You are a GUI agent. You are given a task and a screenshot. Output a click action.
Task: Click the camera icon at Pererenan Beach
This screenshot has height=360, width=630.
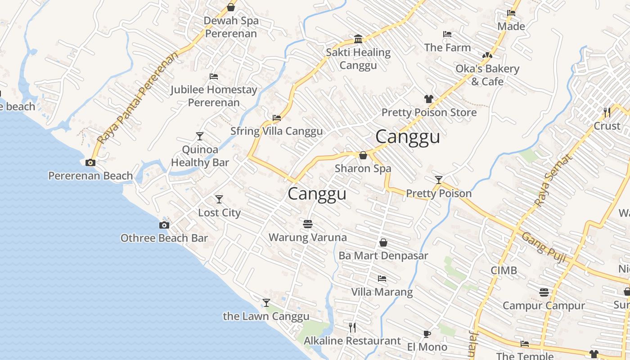(90, 163)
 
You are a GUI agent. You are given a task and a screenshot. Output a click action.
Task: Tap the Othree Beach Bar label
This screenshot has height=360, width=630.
(164, 238)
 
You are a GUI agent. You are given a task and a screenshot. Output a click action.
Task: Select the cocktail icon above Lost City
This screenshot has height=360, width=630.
(219, 199)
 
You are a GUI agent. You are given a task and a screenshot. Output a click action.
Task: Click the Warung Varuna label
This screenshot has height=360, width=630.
(307, 237)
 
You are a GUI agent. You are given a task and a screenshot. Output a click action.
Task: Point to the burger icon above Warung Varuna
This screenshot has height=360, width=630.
(308, 224)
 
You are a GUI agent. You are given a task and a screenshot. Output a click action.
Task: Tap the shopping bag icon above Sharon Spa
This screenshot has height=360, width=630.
(363, 156)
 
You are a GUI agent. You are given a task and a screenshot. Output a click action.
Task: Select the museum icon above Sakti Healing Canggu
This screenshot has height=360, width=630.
(358, 39)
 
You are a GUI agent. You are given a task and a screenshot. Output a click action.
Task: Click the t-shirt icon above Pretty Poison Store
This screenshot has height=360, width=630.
(428, 99)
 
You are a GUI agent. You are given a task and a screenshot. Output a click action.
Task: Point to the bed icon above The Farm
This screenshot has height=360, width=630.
(447, 34)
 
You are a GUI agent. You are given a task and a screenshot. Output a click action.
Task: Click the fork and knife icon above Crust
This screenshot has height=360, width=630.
(607, 112)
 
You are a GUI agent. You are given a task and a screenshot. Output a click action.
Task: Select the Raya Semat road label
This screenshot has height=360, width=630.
(553, 181)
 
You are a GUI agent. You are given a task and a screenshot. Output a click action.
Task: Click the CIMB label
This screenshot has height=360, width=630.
(504, 270)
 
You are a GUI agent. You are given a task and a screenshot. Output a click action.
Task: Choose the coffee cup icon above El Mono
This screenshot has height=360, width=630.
(427, 334)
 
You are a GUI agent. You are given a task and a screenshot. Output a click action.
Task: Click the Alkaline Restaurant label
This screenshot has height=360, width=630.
(352, 341)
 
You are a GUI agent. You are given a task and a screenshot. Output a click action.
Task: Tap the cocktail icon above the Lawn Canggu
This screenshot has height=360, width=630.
(266, 303)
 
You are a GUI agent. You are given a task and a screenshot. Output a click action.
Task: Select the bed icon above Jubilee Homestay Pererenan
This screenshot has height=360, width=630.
(214, 76)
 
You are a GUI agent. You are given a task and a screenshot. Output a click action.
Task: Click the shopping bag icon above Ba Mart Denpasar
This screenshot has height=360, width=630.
(383, 243)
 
